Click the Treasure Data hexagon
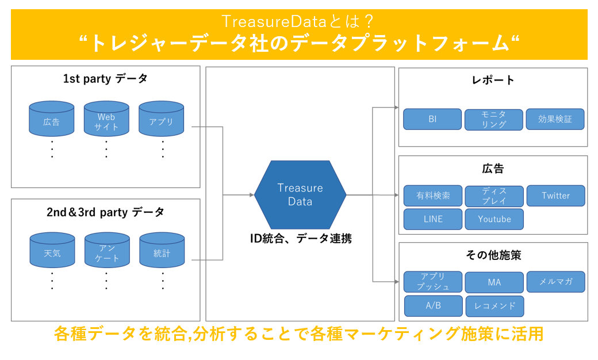pyautogui.click(x=300, y=194)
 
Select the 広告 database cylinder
pyautogui.click(x=52, y=120)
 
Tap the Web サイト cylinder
pyautogui.click(x=106, y=120)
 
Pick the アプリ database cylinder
pyautogui.click(x=162, y=120)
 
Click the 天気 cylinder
pyautogui.click(x=52, y=252)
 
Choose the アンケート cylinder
pyautogui.click(x=106, y=252)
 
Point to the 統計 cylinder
pyautogui.click(x=162, y=252)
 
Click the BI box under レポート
pyautogui.click(x=432, y=119)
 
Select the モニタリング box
pyautogui.click(x=494, y=120)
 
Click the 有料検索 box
pyautogui.click(x=433, y=196)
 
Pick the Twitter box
pyautogui.click(x=555, y=196)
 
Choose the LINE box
pyautogui.click(x=432, y=219)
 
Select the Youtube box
pyautogui.click(x=494, y=219)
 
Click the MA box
pyautogui.click(x=494, y=282)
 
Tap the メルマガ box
pyautogui.click(x=555, y=282)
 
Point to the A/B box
pyautogui.click(x=433, y=305)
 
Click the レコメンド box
pyautogui.click(x=494, y=305)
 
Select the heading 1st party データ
pyautogui.click(x=106, y=79)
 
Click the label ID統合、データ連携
pyautogui.click(x=301, y=238)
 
